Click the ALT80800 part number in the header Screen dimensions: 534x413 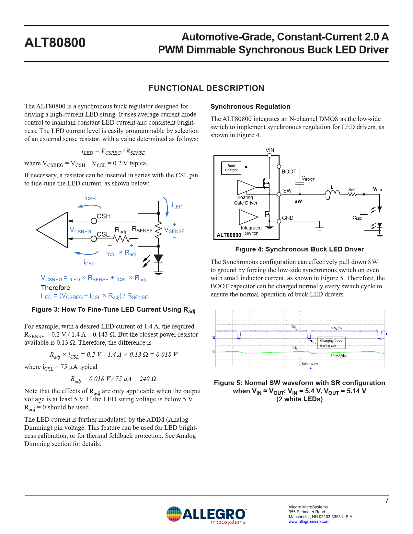(x=55, y=43)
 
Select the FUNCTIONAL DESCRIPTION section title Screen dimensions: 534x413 (x=206, y=88)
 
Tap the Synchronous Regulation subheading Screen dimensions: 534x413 (x=250, y=106)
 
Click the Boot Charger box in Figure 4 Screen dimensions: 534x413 (x=231, y=168)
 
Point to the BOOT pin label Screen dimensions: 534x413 (x=289, y=172)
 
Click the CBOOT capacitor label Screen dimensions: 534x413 (x=308, y=178)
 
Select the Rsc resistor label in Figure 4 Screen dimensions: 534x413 (x=352, y=189)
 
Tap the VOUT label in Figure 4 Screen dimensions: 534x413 (x=378, y=189)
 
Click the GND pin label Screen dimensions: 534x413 (x=288, y=218)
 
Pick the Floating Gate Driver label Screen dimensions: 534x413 (x=246, y=200)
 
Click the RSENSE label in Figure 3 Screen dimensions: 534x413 (x=142, y=229)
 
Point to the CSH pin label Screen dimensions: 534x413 (x=104, y=216)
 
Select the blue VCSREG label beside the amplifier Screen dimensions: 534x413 (x=81, y=230)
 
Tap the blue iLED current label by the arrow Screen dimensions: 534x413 (x=177, y=206)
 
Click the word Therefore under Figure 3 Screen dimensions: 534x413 (x=55, y=287)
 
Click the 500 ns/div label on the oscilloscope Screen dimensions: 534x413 (x=310, y=364)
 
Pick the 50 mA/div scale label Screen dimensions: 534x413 (x=338, y=356)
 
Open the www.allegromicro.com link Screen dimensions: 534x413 (x=309, y=521)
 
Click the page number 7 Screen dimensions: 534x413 (x=387, y=500)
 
